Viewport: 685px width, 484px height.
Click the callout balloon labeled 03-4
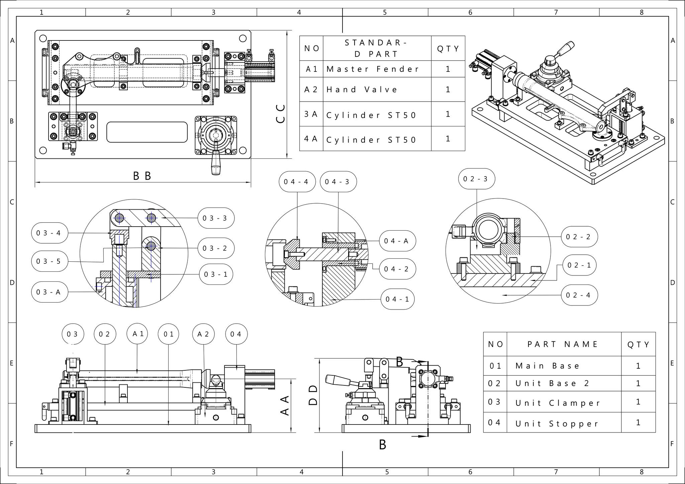pyautogui.click(x=50, y=233)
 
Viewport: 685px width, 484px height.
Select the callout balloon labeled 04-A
pyautogui.click(x=397, y=241)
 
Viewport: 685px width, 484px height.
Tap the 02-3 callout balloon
pyautogui.click(x=477, y=179)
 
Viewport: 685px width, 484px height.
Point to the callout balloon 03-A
pyautogui.click(x=50, y=292)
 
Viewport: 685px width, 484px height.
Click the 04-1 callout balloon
pyautogui.click(x=398, y=299)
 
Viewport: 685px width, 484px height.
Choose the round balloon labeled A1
pyautogui.click(x=138, y=334)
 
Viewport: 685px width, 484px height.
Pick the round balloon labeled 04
pyautogui.click(x=236, y=334)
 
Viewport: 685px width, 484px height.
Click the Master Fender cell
pyautogui.click(x=377, y=69)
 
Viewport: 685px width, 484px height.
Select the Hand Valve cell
pyautogui.click(x=377, y=90)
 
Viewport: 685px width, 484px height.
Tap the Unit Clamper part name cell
pyautogui.click(x=564, y=402)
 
